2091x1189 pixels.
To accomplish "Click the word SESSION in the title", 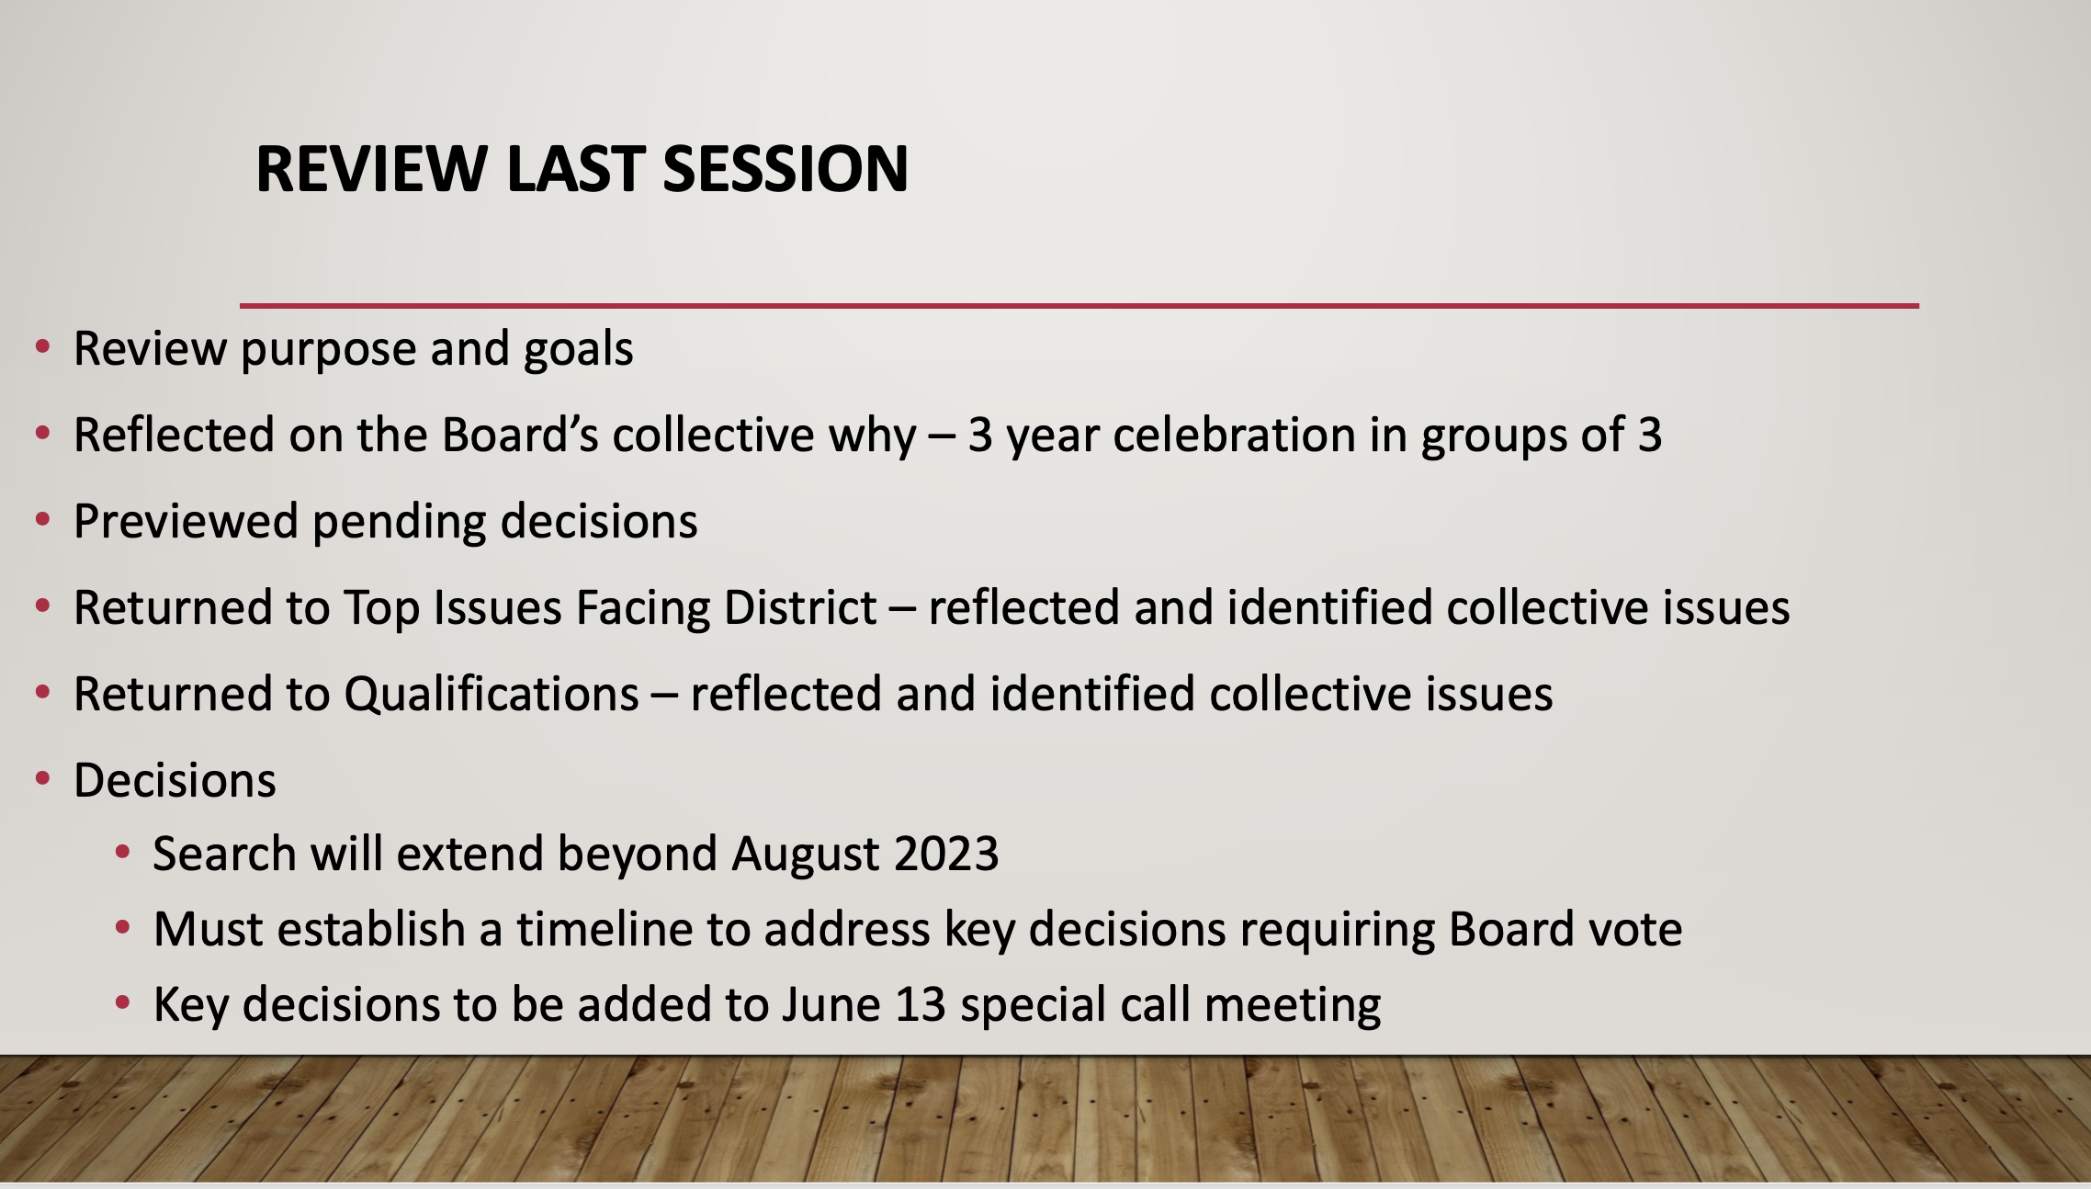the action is point(786,169).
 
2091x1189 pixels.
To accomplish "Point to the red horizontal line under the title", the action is point(1079,305).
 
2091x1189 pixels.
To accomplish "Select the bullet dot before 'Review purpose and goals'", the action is point(42,346).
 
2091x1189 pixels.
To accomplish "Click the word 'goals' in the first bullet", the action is point(579,350).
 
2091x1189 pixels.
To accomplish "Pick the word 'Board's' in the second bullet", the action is point(520,435).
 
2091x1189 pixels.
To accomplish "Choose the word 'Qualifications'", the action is point(492,694).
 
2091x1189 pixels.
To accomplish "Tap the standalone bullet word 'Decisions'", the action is point(175,780).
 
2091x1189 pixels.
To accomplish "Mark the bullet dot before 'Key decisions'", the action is point(123,1002).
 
